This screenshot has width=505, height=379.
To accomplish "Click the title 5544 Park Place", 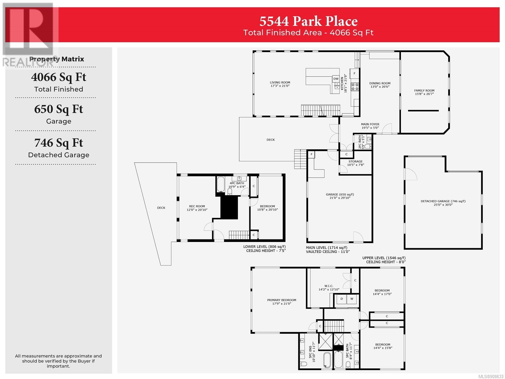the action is click(x=308, y=21).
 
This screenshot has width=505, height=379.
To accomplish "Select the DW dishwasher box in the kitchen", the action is click(x=336, y=79).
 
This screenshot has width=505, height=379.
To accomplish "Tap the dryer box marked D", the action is click(x=342, y=299).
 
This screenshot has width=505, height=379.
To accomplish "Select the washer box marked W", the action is click(x=352, y=299).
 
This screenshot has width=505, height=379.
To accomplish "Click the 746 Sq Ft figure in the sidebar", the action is click(x=58, y=143).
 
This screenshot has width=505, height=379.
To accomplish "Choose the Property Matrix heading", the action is click(x=56, y=59).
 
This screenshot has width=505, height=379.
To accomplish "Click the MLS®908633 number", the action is click(x=491, y=376).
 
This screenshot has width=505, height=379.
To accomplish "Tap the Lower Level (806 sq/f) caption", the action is click(x=264, y=246).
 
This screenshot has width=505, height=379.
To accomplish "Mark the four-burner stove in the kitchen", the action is click(x=354, y=87).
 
